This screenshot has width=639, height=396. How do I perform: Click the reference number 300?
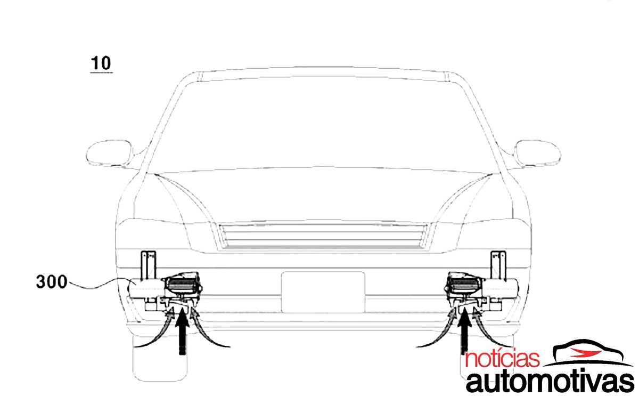(52, 282)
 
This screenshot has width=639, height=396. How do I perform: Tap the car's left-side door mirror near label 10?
(110, 153)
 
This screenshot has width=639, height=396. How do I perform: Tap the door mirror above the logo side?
(537, 153)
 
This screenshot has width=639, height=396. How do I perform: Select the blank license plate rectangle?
(323, 292)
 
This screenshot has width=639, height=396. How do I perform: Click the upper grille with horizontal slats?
(323, 236)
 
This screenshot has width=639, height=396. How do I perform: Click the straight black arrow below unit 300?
(182, 331)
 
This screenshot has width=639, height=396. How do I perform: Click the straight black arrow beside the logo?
(464, 331)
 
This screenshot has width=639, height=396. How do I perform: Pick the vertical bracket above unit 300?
(149, 265)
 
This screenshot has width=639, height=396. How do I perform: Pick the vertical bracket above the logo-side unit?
(498, 265)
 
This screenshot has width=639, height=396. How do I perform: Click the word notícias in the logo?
(502, 359)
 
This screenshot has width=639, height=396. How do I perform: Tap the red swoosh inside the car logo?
(585, 353)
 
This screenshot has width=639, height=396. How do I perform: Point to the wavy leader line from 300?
(97, 284)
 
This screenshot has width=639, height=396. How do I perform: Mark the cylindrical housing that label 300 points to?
(146, 288)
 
